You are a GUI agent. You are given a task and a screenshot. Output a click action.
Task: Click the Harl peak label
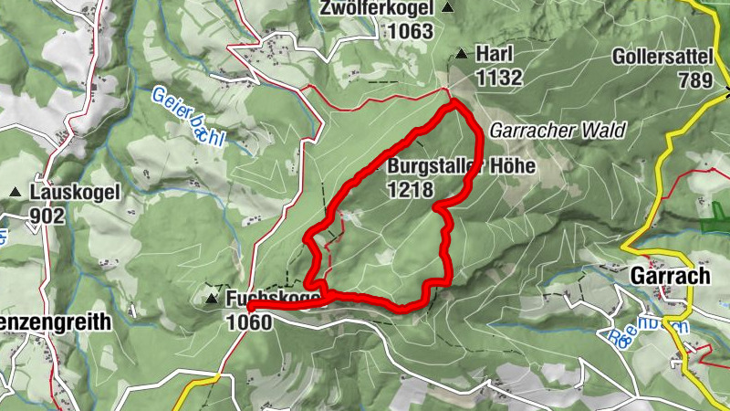coord(494,55)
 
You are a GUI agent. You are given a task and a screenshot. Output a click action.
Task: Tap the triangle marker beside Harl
coord(462,54)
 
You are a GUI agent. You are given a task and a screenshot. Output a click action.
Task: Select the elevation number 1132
coord(498,77)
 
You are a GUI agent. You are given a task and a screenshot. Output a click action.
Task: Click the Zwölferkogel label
coord(375,9)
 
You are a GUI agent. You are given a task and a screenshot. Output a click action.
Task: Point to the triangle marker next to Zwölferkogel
coord(448,8)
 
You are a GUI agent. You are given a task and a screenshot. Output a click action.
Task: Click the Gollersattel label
coord(662,57)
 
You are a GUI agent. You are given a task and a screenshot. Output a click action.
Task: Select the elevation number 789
coord(694,79)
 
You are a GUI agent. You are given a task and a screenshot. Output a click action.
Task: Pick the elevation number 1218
coord(411,190)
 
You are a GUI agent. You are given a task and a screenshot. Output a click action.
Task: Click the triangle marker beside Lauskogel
coord(16,193)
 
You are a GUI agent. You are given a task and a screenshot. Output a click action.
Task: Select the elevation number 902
coord(47,216)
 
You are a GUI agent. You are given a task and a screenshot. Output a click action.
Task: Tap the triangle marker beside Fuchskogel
coord(213,299)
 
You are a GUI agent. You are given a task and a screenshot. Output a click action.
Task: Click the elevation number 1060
coord(248,321)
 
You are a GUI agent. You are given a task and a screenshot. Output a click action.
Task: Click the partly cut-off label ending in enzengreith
coord(55,321)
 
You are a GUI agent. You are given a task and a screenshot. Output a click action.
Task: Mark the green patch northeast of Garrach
coord(714,221)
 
